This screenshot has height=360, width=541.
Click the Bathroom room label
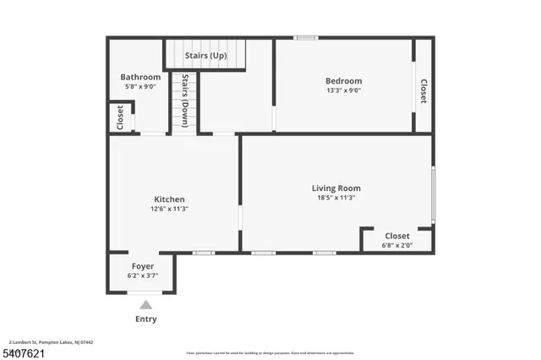click(x=140, y=77)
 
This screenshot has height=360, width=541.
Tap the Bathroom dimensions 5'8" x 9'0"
click(x=140, y=86)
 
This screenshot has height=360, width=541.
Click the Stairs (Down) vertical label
click(x=185, y=101)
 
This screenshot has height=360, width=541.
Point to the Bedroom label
click(x=344, y=81)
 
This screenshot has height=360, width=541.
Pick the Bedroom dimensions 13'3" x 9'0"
click(x=344, y=90)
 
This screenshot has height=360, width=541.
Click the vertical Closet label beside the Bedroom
click(x=424, y=90)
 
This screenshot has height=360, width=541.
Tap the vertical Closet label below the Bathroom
click(x=120, y=117)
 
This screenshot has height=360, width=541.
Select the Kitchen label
click(x=169, y=199)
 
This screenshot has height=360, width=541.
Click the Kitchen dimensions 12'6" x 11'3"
click(x=169, y=209)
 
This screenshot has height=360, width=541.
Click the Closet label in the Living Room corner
click(x=397, y=236)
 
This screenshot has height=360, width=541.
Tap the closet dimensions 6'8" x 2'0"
click(x=397, y=245)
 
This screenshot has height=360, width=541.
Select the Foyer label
click(x=142, y=266)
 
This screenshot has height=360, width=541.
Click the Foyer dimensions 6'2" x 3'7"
click(x=142, y=275)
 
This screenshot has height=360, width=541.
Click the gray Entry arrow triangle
click(x=146, y=304)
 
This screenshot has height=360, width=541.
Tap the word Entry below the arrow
click(x=146, y=319)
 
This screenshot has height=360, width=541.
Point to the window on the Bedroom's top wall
click(x=305, y=37)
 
